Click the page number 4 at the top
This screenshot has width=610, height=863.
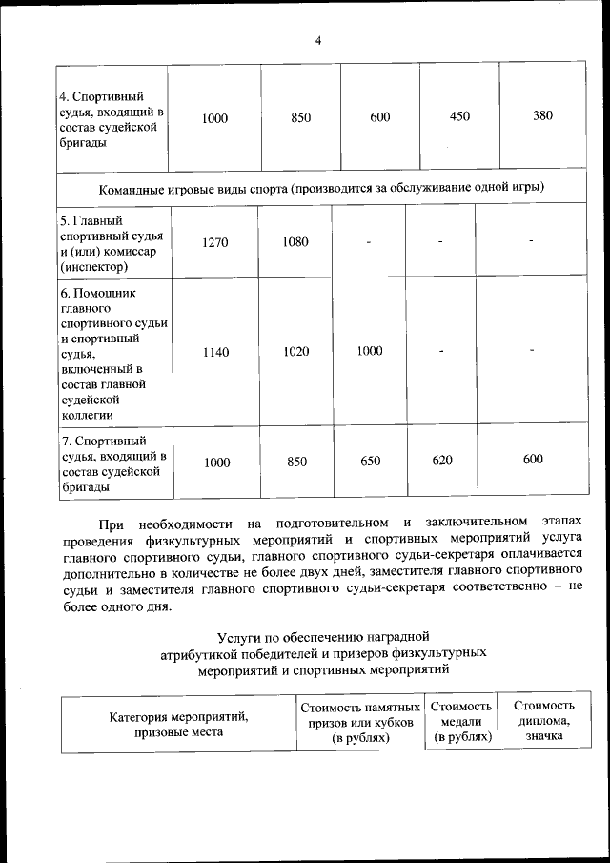318,40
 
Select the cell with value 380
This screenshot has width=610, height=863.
542,116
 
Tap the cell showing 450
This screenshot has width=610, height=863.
459,116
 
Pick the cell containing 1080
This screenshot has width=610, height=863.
295,242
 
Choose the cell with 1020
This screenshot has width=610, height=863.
295,352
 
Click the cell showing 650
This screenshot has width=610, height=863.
370,462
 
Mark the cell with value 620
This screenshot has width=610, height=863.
441,461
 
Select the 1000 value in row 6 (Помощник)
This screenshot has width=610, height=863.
370,351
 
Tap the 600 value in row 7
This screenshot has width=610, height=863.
533,460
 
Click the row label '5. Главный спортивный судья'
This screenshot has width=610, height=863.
112,243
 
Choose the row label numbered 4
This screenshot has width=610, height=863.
112,119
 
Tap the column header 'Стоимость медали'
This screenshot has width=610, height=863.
461,722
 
